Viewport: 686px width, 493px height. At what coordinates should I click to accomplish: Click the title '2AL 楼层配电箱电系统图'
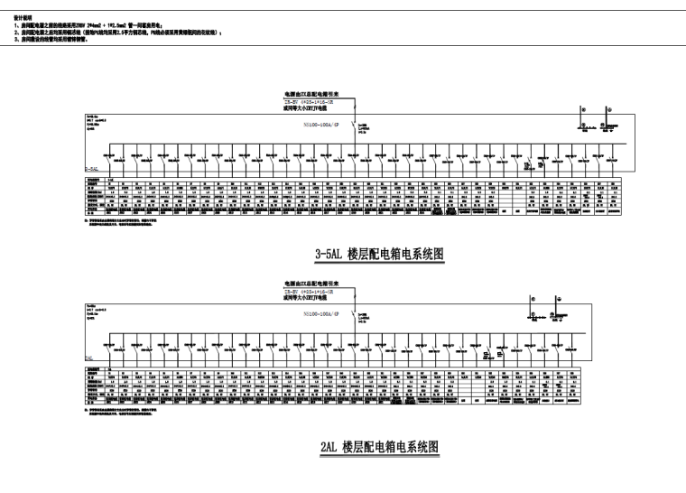pyautogui.click(x=378, y=446)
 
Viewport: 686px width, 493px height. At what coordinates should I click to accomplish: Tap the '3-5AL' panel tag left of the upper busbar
pyautogui.click(x=93, y=168)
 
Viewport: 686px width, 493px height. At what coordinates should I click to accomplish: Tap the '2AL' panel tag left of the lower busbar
pyautogui.click(x=89, y=358)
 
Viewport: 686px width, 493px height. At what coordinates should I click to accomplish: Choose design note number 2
pyautogui.click(x=117, y=33)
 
